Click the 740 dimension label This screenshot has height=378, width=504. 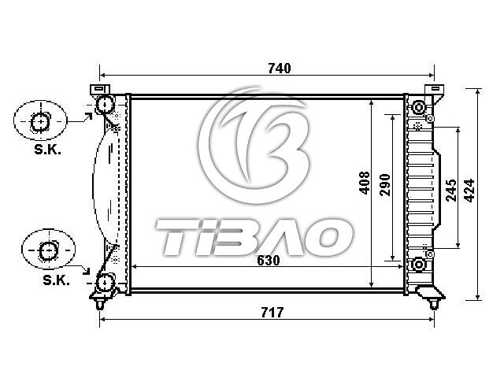tap(280, 69)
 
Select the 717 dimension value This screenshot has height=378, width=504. tap(272, 312)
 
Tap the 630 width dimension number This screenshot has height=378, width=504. tap(269, 261)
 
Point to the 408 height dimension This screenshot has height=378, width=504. tap(365, 183)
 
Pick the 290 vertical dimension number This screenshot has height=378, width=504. tap(385, 185)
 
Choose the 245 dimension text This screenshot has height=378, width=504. tap(451, 191)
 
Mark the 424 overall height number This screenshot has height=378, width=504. tap(469, 191)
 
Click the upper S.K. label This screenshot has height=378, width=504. tap(47, 150)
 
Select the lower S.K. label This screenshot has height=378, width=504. tap(56, 280)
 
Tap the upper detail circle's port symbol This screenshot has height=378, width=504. tap(40, 122)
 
